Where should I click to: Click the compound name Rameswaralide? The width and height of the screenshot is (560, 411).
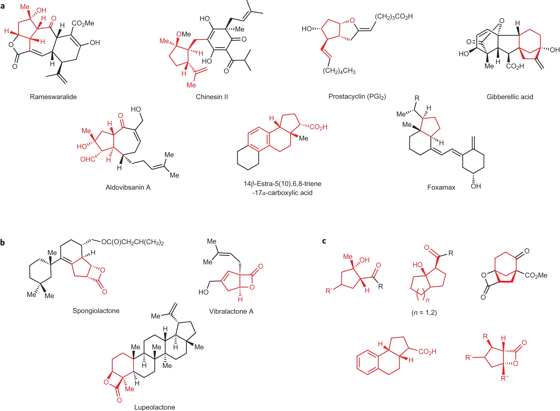[53, 97]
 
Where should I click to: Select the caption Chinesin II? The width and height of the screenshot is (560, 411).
[212, 97]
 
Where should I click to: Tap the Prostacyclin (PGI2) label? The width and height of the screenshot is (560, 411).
[357, 96]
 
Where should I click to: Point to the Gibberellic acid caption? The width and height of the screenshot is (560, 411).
[510, 97]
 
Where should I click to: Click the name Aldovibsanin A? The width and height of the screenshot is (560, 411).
[128, 187]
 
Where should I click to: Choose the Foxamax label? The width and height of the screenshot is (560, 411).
[441, 187]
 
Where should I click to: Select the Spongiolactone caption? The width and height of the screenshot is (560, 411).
[96, 310]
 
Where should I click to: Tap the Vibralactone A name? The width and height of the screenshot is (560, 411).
[231, 311]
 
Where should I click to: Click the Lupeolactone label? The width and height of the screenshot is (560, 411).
[154, 407]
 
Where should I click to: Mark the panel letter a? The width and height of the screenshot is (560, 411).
[3, 6]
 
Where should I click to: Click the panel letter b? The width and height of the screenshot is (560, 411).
[3, 242]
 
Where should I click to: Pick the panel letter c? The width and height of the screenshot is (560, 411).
[324, 241]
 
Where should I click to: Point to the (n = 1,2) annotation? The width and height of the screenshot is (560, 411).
[424, 312]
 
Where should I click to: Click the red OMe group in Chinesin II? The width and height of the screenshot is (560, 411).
[183, 34]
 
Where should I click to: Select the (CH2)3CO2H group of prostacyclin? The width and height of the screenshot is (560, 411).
[394, 17]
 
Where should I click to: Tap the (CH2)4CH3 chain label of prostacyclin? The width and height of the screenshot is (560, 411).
[339, 71]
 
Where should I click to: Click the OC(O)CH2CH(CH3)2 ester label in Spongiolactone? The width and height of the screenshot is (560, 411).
[132, 242]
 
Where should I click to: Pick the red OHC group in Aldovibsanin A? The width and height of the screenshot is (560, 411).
[88, 159]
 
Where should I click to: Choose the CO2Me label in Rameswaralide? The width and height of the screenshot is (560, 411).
[83, 23]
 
